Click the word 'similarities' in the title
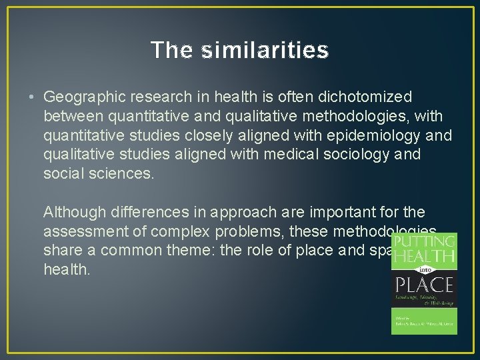[x=264, y=50]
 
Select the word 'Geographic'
[x=83, y=97]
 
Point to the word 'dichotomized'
[x=367, y=97]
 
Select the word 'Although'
[x=71, y=213]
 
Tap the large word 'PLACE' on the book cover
[x=423, y=285]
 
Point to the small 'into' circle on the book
[x=424, y=270]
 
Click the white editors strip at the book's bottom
[x=424, y=323]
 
